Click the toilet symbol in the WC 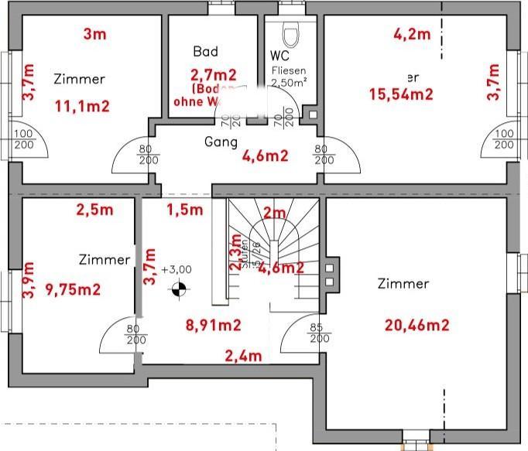291,35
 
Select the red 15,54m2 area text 400,94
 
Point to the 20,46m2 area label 417,325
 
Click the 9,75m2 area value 74,289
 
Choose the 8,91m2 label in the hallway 211,325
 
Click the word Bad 205,52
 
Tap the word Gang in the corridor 220,142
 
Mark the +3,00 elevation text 177,269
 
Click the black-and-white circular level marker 178,291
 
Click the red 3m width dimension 94,33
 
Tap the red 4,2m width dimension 411,34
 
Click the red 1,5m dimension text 184,209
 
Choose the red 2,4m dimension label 243,356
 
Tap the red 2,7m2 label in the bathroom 213,75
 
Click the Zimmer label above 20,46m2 403,284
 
